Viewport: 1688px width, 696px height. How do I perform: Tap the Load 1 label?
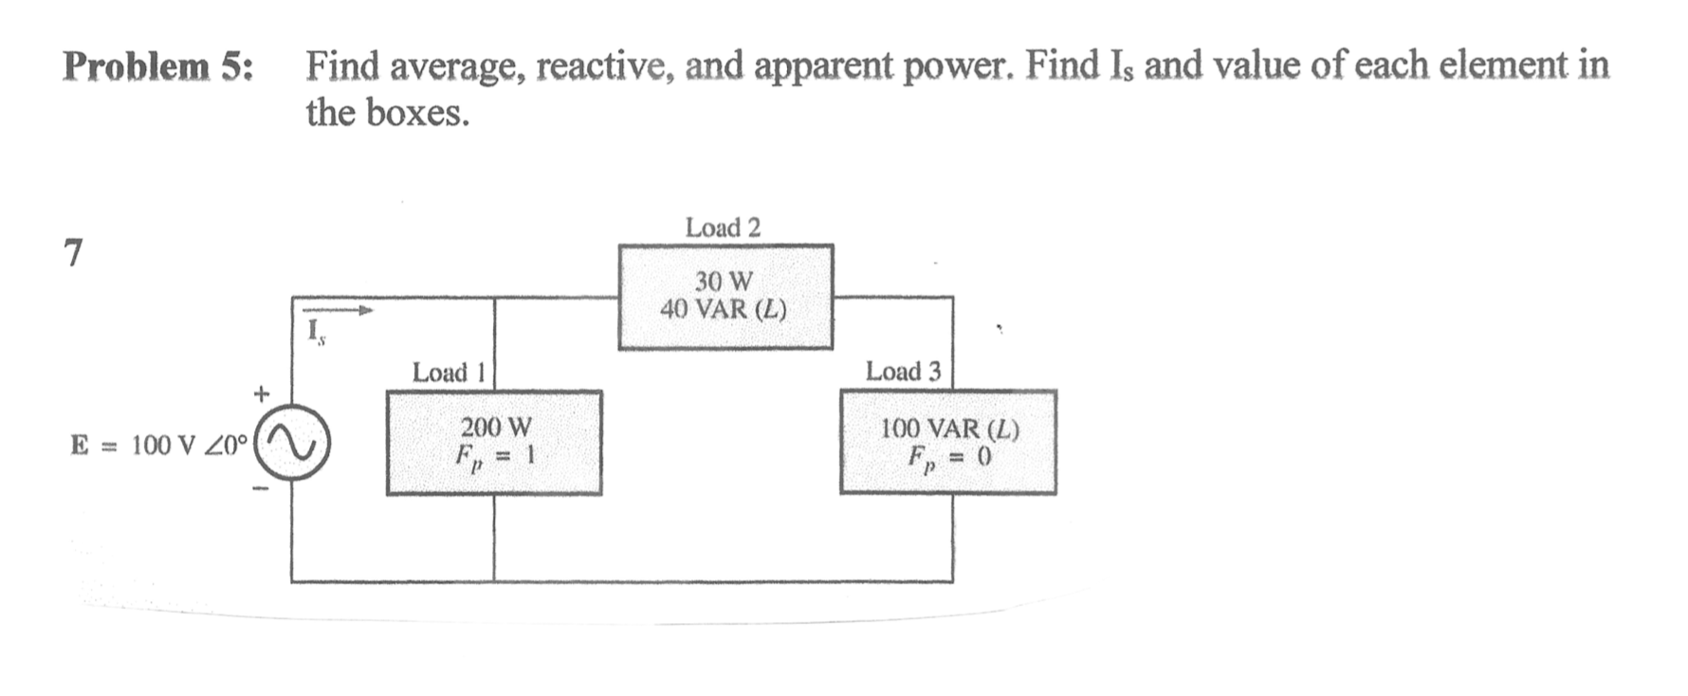[448, 373]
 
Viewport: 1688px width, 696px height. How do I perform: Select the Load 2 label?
[723, 228]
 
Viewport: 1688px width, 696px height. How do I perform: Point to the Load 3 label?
[903, 372]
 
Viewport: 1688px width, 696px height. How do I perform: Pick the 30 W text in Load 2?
[724, 282]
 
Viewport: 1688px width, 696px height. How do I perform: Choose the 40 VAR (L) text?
[724, 310]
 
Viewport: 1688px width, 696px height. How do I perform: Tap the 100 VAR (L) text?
[949, 429]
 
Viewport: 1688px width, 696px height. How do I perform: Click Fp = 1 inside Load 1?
[495, 457]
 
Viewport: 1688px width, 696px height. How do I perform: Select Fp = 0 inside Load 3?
[949, 458]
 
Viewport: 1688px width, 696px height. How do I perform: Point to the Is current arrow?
[338, 309]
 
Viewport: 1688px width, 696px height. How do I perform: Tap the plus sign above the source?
[262, 391]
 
